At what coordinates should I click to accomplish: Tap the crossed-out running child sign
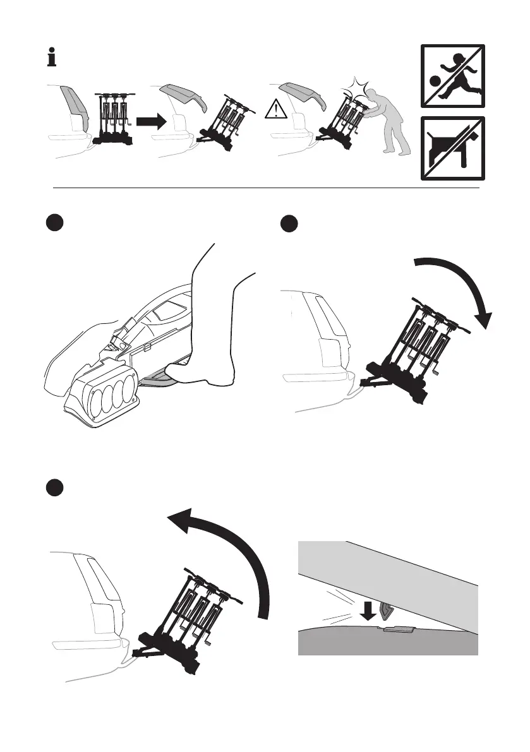(x=452, y=76)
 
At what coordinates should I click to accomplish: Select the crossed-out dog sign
(x=452, y=148)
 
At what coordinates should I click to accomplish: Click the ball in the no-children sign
(x=435, y=80)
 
